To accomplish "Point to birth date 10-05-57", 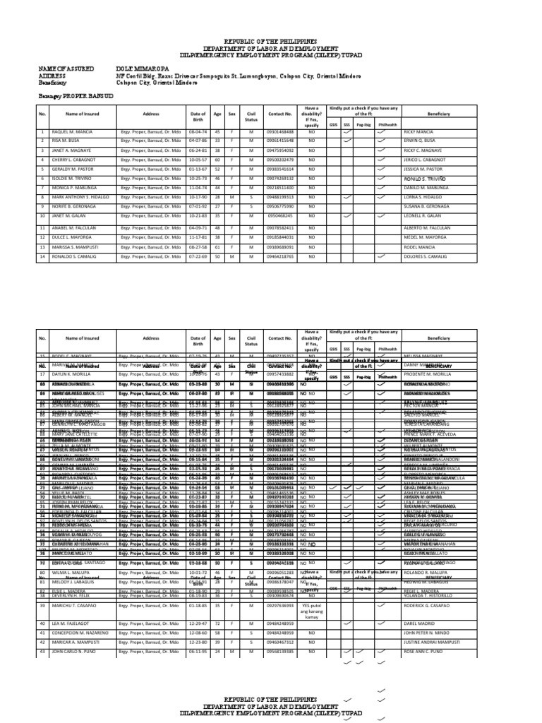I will point(198,161).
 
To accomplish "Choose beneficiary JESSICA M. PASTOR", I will point(424,170).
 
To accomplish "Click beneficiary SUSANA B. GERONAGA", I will point(428,206).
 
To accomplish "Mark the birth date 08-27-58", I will point(198,249).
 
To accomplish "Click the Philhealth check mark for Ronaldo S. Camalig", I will point(381,258).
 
